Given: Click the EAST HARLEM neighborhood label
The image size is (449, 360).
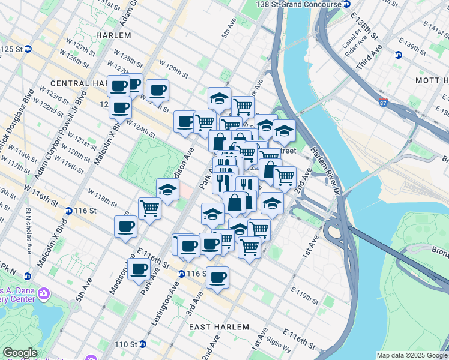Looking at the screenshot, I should pyautogui.click(x=218, y=326).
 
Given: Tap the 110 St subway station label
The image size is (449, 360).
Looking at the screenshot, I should pyautogui.click(x=130, y=344).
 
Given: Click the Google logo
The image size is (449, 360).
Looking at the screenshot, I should pyautogui.click(x=20, y=353).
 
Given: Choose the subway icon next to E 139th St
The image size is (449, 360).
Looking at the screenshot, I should pyautogui.click(x=398, y=55).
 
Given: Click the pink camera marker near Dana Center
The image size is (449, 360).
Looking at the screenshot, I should pyautogui.click(x=43, y=293).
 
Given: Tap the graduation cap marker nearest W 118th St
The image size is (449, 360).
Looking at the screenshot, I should pyautogui.click(x=167, y=189).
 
